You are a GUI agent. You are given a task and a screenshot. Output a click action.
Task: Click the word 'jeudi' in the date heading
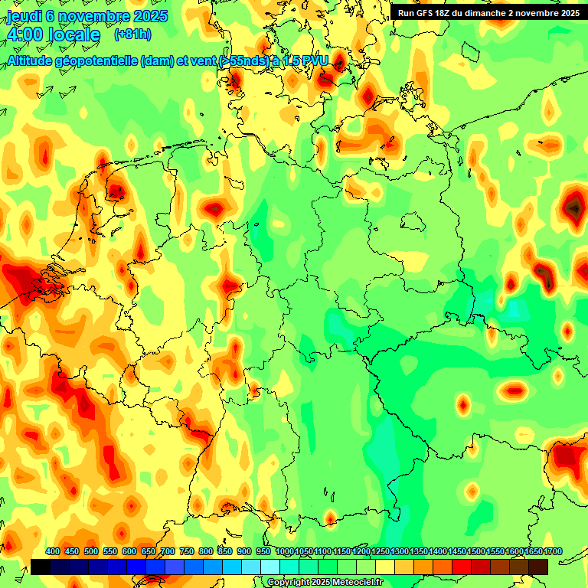[x=23, y=16]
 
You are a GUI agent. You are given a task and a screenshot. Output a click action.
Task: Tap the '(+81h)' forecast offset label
[x=132, y=34]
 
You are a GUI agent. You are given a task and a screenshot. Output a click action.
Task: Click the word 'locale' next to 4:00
[x=74, y=34]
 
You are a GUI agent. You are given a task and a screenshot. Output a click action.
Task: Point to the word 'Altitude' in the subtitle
[x=34, y=60]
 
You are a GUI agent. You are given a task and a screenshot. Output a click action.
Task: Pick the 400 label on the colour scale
[x=53, y=552]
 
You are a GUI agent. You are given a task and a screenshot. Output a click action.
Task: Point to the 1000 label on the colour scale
[x=285, y=552]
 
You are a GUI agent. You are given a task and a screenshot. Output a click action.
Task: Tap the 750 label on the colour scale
[x=187, y=552]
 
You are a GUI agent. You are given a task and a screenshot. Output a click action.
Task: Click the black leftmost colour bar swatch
[x=41, y=567]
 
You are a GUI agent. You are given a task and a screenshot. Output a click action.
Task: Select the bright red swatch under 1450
[x=462, y=567]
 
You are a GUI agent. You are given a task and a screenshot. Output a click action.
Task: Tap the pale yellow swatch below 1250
[x=385, y=567]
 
